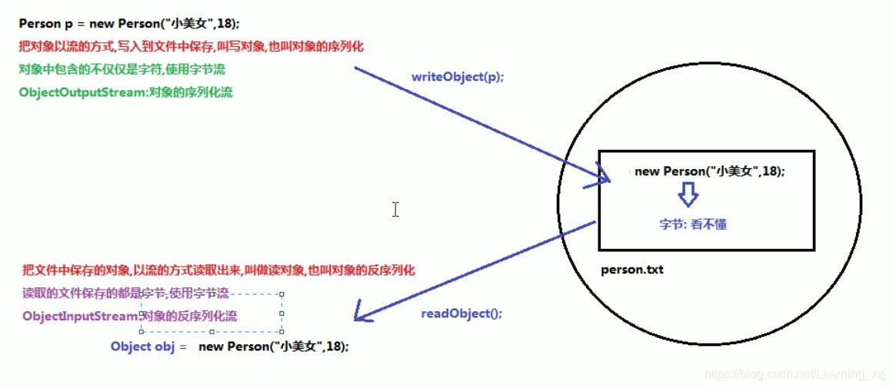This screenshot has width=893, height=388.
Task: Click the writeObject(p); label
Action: coord(458,78)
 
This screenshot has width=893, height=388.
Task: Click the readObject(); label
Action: coord(461,313)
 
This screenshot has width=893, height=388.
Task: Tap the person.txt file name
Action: coord(631,270)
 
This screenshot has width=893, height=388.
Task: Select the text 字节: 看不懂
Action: coord(692,224)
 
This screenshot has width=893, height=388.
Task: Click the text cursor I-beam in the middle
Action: coord(395,209)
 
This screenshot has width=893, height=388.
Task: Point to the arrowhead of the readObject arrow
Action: coord(358,318)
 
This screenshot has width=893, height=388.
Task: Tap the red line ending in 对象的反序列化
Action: coord(218,270)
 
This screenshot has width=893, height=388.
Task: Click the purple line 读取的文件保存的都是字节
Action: coord(125,293)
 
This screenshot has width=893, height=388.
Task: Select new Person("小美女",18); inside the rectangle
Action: coord(709,171)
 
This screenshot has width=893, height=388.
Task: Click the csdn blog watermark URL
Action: coord(795,374)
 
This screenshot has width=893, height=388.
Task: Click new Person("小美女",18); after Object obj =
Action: coord(274,347)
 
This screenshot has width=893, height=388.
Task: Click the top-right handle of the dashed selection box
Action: coord(282,294)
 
